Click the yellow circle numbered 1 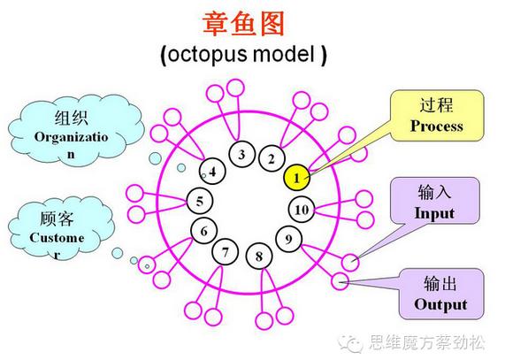[297, 177]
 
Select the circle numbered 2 [272, 159]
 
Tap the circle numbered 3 [241, 155]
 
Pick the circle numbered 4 [213, 171]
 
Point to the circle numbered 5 [200, 201]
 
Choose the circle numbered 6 [204, 232]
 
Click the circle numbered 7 [226, 253]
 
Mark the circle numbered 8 [259, 257]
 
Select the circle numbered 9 [287, 238]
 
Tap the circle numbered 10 [301, 210]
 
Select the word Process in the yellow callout [436, 126]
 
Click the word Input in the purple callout [434, 213]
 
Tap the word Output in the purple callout [435, 305]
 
